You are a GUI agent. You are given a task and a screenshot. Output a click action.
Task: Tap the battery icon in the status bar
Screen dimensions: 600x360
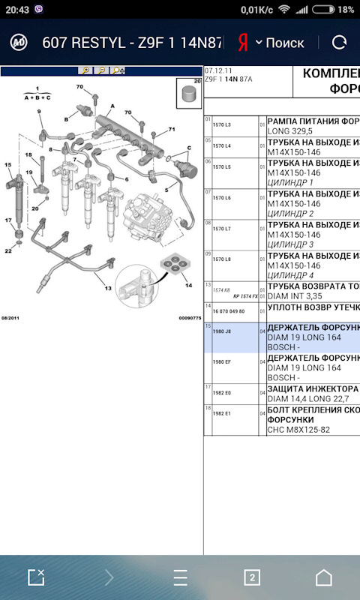(x=323, y=10)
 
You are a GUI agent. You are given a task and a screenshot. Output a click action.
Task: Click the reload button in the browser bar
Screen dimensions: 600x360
(x=339, y=42)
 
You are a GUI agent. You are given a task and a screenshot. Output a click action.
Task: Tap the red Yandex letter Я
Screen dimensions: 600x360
(x=242, y=42)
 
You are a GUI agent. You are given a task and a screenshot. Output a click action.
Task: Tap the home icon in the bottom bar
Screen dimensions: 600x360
(x=323, y=577)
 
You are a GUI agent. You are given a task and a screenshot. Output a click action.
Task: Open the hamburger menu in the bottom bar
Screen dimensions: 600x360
(x=180, y=577)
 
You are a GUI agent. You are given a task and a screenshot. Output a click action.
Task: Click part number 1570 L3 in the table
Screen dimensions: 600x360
(x=221, y=124)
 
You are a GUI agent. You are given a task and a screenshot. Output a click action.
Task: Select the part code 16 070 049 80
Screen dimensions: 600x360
(x=229, y=310)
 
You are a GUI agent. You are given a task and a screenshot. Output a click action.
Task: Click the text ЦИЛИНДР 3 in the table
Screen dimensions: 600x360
(x=290, y=244)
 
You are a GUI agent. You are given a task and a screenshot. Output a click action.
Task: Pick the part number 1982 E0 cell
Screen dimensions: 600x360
(x=221, y=392)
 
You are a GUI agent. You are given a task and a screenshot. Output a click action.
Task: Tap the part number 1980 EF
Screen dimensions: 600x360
(x=221, y=361)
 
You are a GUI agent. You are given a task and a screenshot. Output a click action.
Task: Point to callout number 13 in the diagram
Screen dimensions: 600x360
(x=108, y=288)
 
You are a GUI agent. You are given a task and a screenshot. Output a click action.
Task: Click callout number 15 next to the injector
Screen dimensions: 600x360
(x=7, y=164)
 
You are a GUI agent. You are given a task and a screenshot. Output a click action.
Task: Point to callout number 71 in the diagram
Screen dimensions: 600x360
(x=171, y=130)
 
